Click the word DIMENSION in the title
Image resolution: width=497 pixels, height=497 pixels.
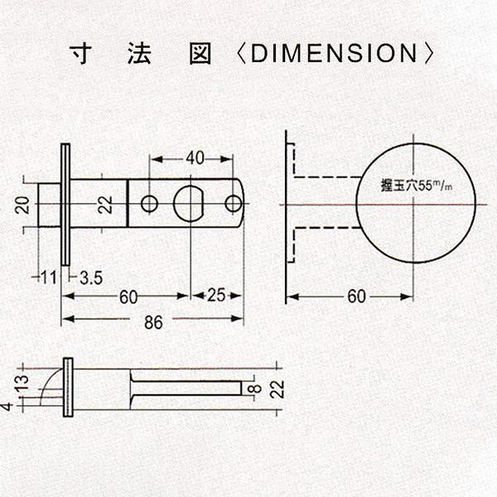pyautogui.click(x=334, y=53)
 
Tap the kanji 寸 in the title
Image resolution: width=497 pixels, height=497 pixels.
pyautogui.click(x=81, y=53)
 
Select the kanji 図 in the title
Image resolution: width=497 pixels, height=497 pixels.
pyautogui.click(x=200, y=53)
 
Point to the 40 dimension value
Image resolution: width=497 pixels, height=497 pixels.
pyautogui.click(x=195, y=158)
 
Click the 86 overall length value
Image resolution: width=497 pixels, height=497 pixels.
pyautogui.click(x=153, y=322)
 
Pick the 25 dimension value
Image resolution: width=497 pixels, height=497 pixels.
pyautogui.click(x=216, y=295)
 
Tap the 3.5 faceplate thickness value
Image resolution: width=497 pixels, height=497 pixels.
pyautogui.click(x=91, y=278)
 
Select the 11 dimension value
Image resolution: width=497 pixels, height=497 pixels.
pyautogui.click(x=49, y=277)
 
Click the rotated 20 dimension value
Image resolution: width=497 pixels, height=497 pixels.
pyautogui.click(x=22, y=205)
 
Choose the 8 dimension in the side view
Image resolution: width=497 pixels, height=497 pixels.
pyautogui.click(x=256, y=388)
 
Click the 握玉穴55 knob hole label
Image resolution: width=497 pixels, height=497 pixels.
pyautogui.click(x=416, y=186)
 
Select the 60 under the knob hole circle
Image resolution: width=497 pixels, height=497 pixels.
pyautogui.click(x=356, y=297)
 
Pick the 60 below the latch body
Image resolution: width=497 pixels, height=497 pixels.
pyautogui.click(x=128, y=297)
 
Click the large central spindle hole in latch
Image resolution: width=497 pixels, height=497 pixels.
pyautogui.click(x=190, y=204)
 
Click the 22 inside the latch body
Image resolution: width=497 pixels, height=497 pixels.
pyautogui.click(x=105, y=205)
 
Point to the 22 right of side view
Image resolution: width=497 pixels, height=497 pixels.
pyautogui.click(x=277, y=389)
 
